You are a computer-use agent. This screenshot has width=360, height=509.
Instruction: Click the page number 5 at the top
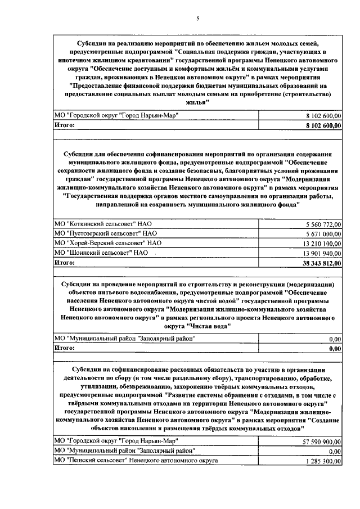[197, 19]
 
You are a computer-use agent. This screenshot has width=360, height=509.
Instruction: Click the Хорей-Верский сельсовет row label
[108, 243]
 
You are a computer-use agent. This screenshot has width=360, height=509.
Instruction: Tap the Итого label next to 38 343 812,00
[64, 262]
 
